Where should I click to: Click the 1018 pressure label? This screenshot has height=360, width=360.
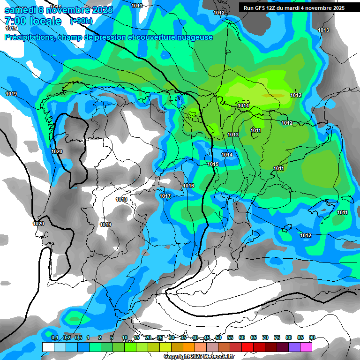121,199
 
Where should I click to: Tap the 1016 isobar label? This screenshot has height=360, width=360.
188,186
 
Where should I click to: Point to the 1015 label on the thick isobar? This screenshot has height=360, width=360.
213,164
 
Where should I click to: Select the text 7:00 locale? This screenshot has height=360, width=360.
33,21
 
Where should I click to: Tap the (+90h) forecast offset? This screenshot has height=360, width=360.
81,21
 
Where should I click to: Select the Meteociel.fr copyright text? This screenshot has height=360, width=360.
198,357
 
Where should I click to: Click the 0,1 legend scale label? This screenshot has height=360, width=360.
54,337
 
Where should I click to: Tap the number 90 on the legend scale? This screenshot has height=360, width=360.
312,337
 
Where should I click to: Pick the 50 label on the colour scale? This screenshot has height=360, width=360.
218,337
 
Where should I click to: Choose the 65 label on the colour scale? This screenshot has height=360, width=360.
254,337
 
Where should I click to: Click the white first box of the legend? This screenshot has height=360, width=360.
48,347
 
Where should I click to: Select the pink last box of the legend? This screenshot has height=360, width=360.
306,347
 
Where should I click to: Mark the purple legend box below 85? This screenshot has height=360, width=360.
294,347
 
